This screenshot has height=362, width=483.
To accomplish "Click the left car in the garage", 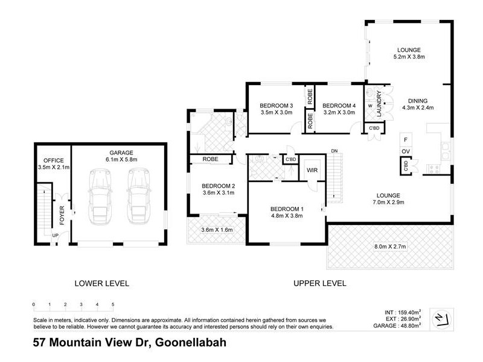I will (x=101, y=195).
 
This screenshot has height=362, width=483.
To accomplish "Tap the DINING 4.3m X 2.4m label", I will (x=417, y=104).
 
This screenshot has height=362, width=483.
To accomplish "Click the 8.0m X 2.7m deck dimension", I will (x=390, y=247).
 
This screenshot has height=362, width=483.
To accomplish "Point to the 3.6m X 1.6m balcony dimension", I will (x=216, y=230).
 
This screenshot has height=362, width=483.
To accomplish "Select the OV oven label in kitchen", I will (x=406, y=150).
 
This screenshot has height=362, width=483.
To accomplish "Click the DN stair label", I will (x=334, y=151).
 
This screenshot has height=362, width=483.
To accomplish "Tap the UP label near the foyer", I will (x=55, y=235).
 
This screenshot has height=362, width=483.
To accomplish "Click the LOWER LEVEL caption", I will (x=101, y=283).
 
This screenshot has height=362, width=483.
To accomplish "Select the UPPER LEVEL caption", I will (x=319, y=283).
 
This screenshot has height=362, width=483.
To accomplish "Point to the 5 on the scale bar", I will (x=113, y=305).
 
